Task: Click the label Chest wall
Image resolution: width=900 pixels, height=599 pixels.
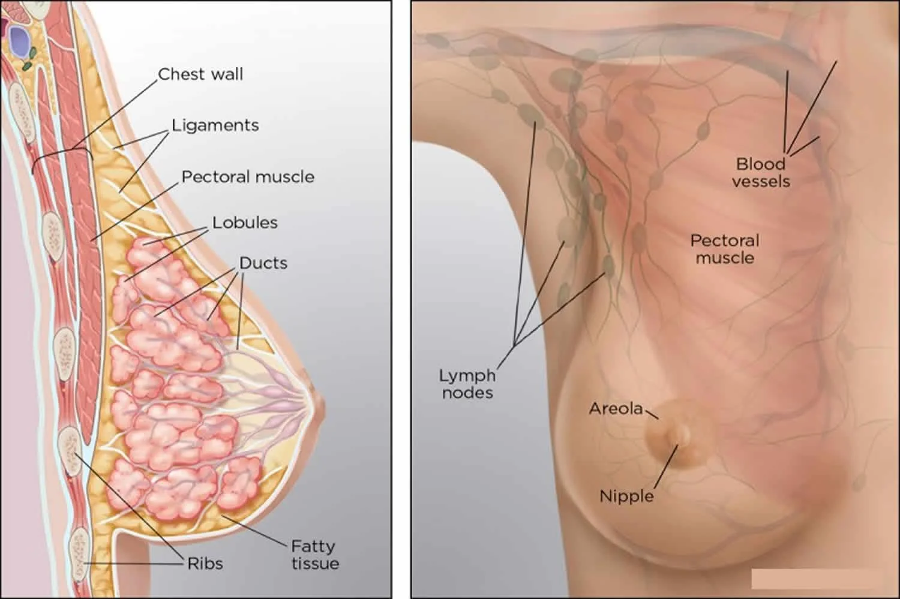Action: tap(200, 74)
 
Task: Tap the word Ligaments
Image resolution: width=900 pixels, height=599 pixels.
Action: tap(215, 126)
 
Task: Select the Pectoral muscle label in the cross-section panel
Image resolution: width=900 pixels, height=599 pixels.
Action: tap(248, 177)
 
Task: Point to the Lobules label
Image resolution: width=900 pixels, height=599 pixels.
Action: tap(245, 223)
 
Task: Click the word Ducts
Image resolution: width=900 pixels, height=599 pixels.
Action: tap(263, 263)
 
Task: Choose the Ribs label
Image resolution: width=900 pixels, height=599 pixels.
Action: tap(205, 564)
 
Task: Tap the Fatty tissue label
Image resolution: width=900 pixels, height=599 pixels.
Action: tap(316, 555)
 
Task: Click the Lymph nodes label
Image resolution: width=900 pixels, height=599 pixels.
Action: tap(467, 384)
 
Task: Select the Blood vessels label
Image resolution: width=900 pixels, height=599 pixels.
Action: tap(761, 173)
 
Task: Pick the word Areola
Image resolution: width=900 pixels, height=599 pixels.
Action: tap(616, 409)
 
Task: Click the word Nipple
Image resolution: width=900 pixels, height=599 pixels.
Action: tap(627, 496)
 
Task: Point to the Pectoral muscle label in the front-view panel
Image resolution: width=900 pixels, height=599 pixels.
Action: tap(725, 249)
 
